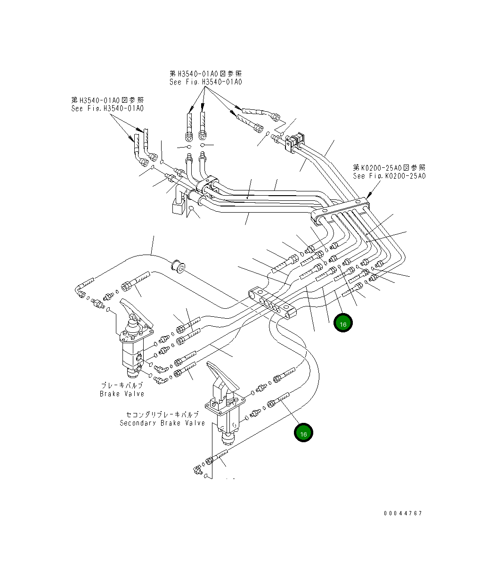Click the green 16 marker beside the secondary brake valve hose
pyautogui.click(x=303, y=433)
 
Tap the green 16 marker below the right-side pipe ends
pyautogui.click(x=343, y=323)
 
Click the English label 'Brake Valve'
pyautogui.click(x=122, y=394)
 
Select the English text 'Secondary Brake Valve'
pyautogui.click(x=163, y=423)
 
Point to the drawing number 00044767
pyautogui.click(x=403, y=513)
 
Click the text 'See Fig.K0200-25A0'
pyautogui.click(x=389, y=176)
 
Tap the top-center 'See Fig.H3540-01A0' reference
pyautogui.click(x=206, y=82)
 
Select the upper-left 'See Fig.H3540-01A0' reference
pyautogui.click(x=107, y=108)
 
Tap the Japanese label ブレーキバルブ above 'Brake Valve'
pyautogui.click(x=122, y=385)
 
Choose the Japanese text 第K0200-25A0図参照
pyautogui.click(x=389, y=167)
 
